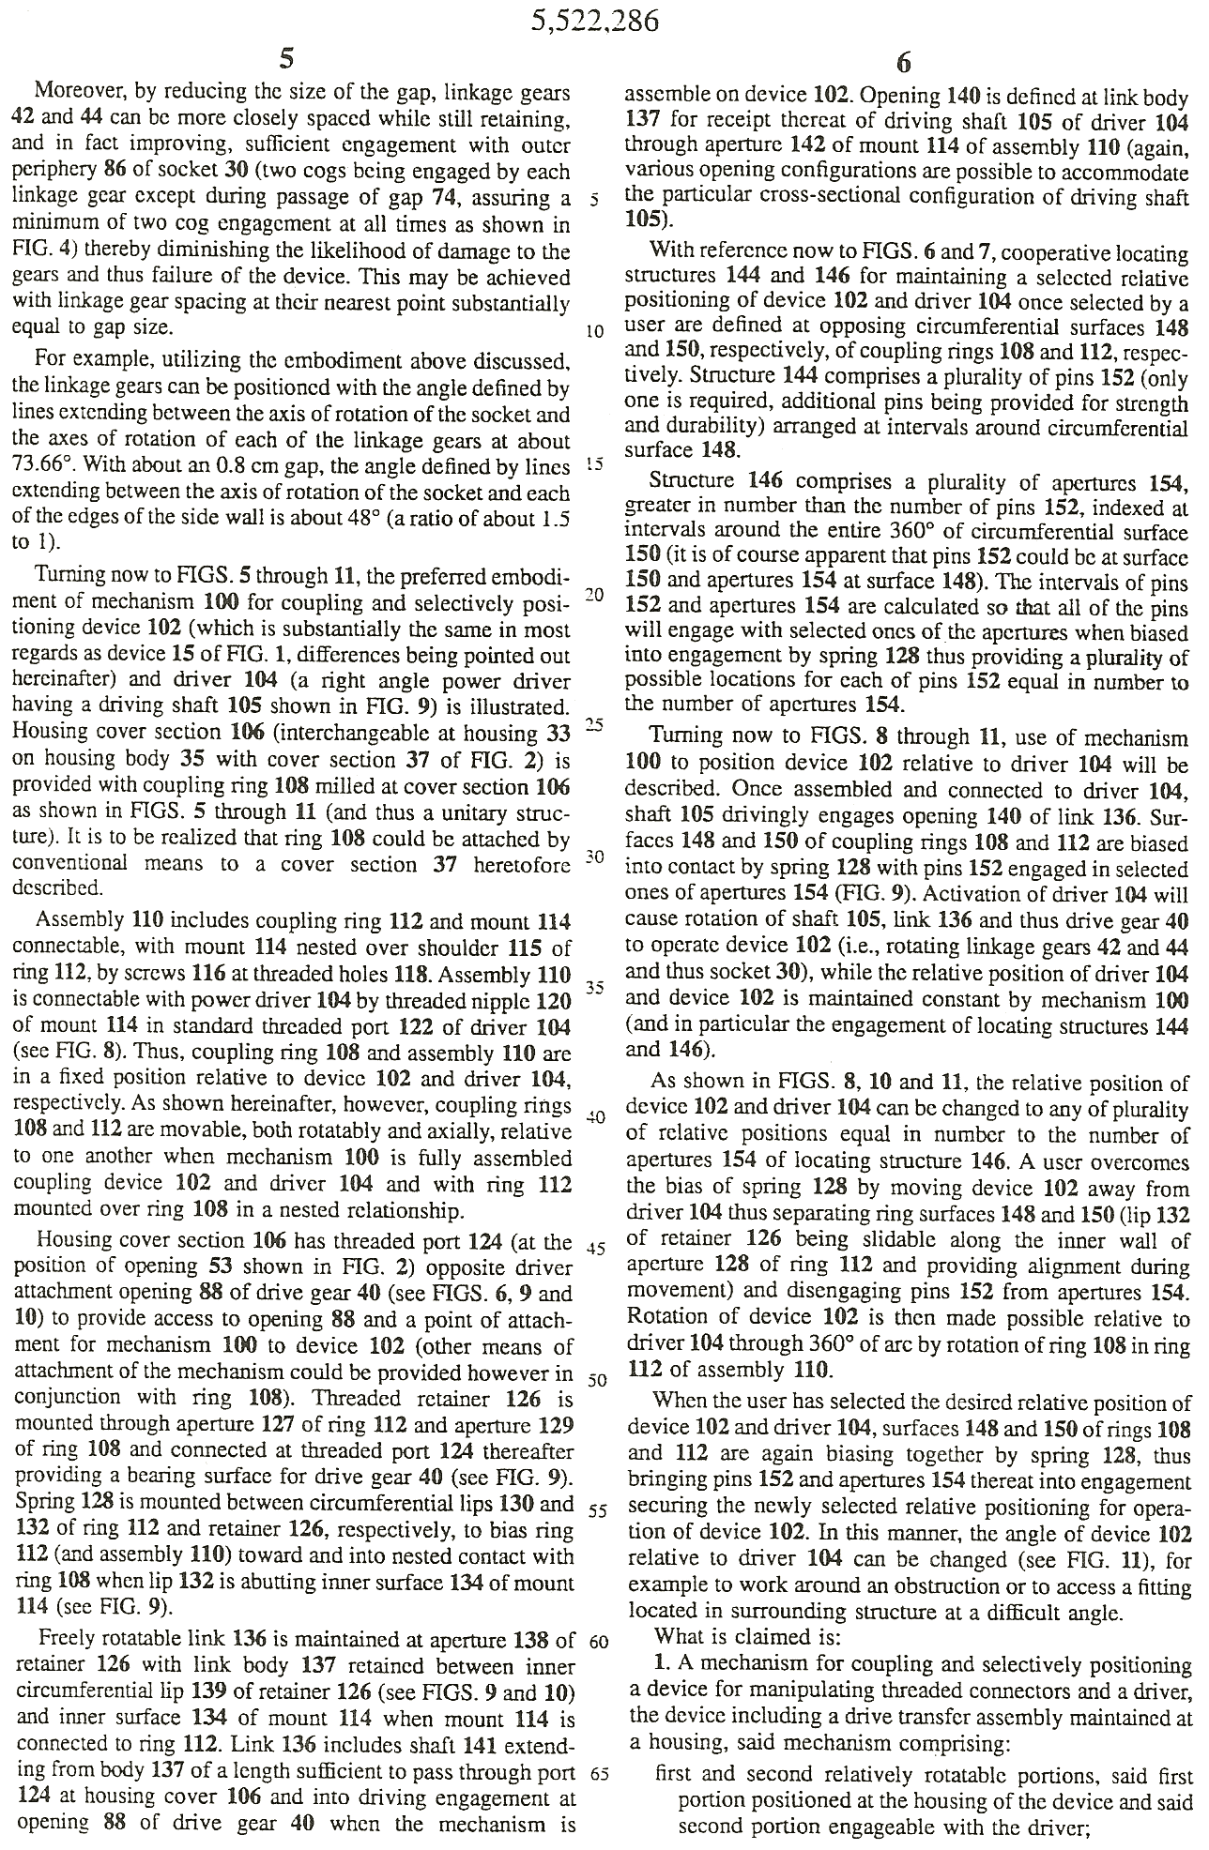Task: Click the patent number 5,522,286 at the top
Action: click(x=594, y=21)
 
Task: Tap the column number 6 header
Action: click(x=903, y=63)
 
